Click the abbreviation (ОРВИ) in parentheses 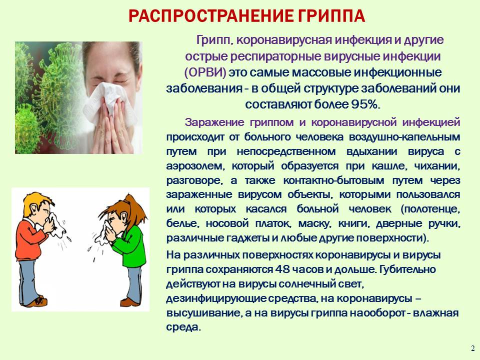[x=205, y=73]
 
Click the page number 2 [x=473, y=348]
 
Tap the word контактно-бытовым [x=333, y=180]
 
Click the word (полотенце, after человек [x=430, y=209]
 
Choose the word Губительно [x=407, y=269]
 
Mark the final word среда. [x=183, y=327]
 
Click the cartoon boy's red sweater [x=30, y=239]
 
